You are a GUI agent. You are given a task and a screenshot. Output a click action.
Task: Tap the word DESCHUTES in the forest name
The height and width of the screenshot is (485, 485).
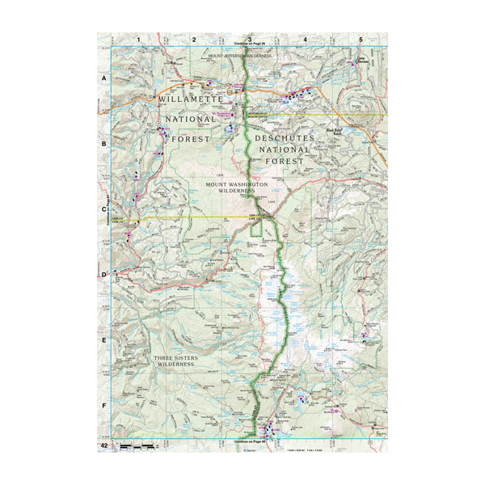coord(283,138)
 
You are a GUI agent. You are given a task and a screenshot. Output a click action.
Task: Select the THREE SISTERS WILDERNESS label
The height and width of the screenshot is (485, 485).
coord(176,361)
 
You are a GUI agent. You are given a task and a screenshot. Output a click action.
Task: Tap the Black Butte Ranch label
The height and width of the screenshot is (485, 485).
coord(335,131)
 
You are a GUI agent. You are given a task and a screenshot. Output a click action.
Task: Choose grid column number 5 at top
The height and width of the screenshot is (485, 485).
coord(361,39)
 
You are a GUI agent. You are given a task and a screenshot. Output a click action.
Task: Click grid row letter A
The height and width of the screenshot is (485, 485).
coord(104,78)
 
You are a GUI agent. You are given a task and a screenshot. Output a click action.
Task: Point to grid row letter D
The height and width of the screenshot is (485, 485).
coord(104,275)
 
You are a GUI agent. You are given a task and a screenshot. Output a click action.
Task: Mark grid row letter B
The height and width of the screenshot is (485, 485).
coord(104,144)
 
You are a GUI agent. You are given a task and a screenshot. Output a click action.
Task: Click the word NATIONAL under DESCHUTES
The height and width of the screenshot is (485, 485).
coord(283,150)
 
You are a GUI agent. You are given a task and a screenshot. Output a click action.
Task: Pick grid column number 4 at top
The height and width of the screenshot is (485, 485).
coord(305,39)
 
